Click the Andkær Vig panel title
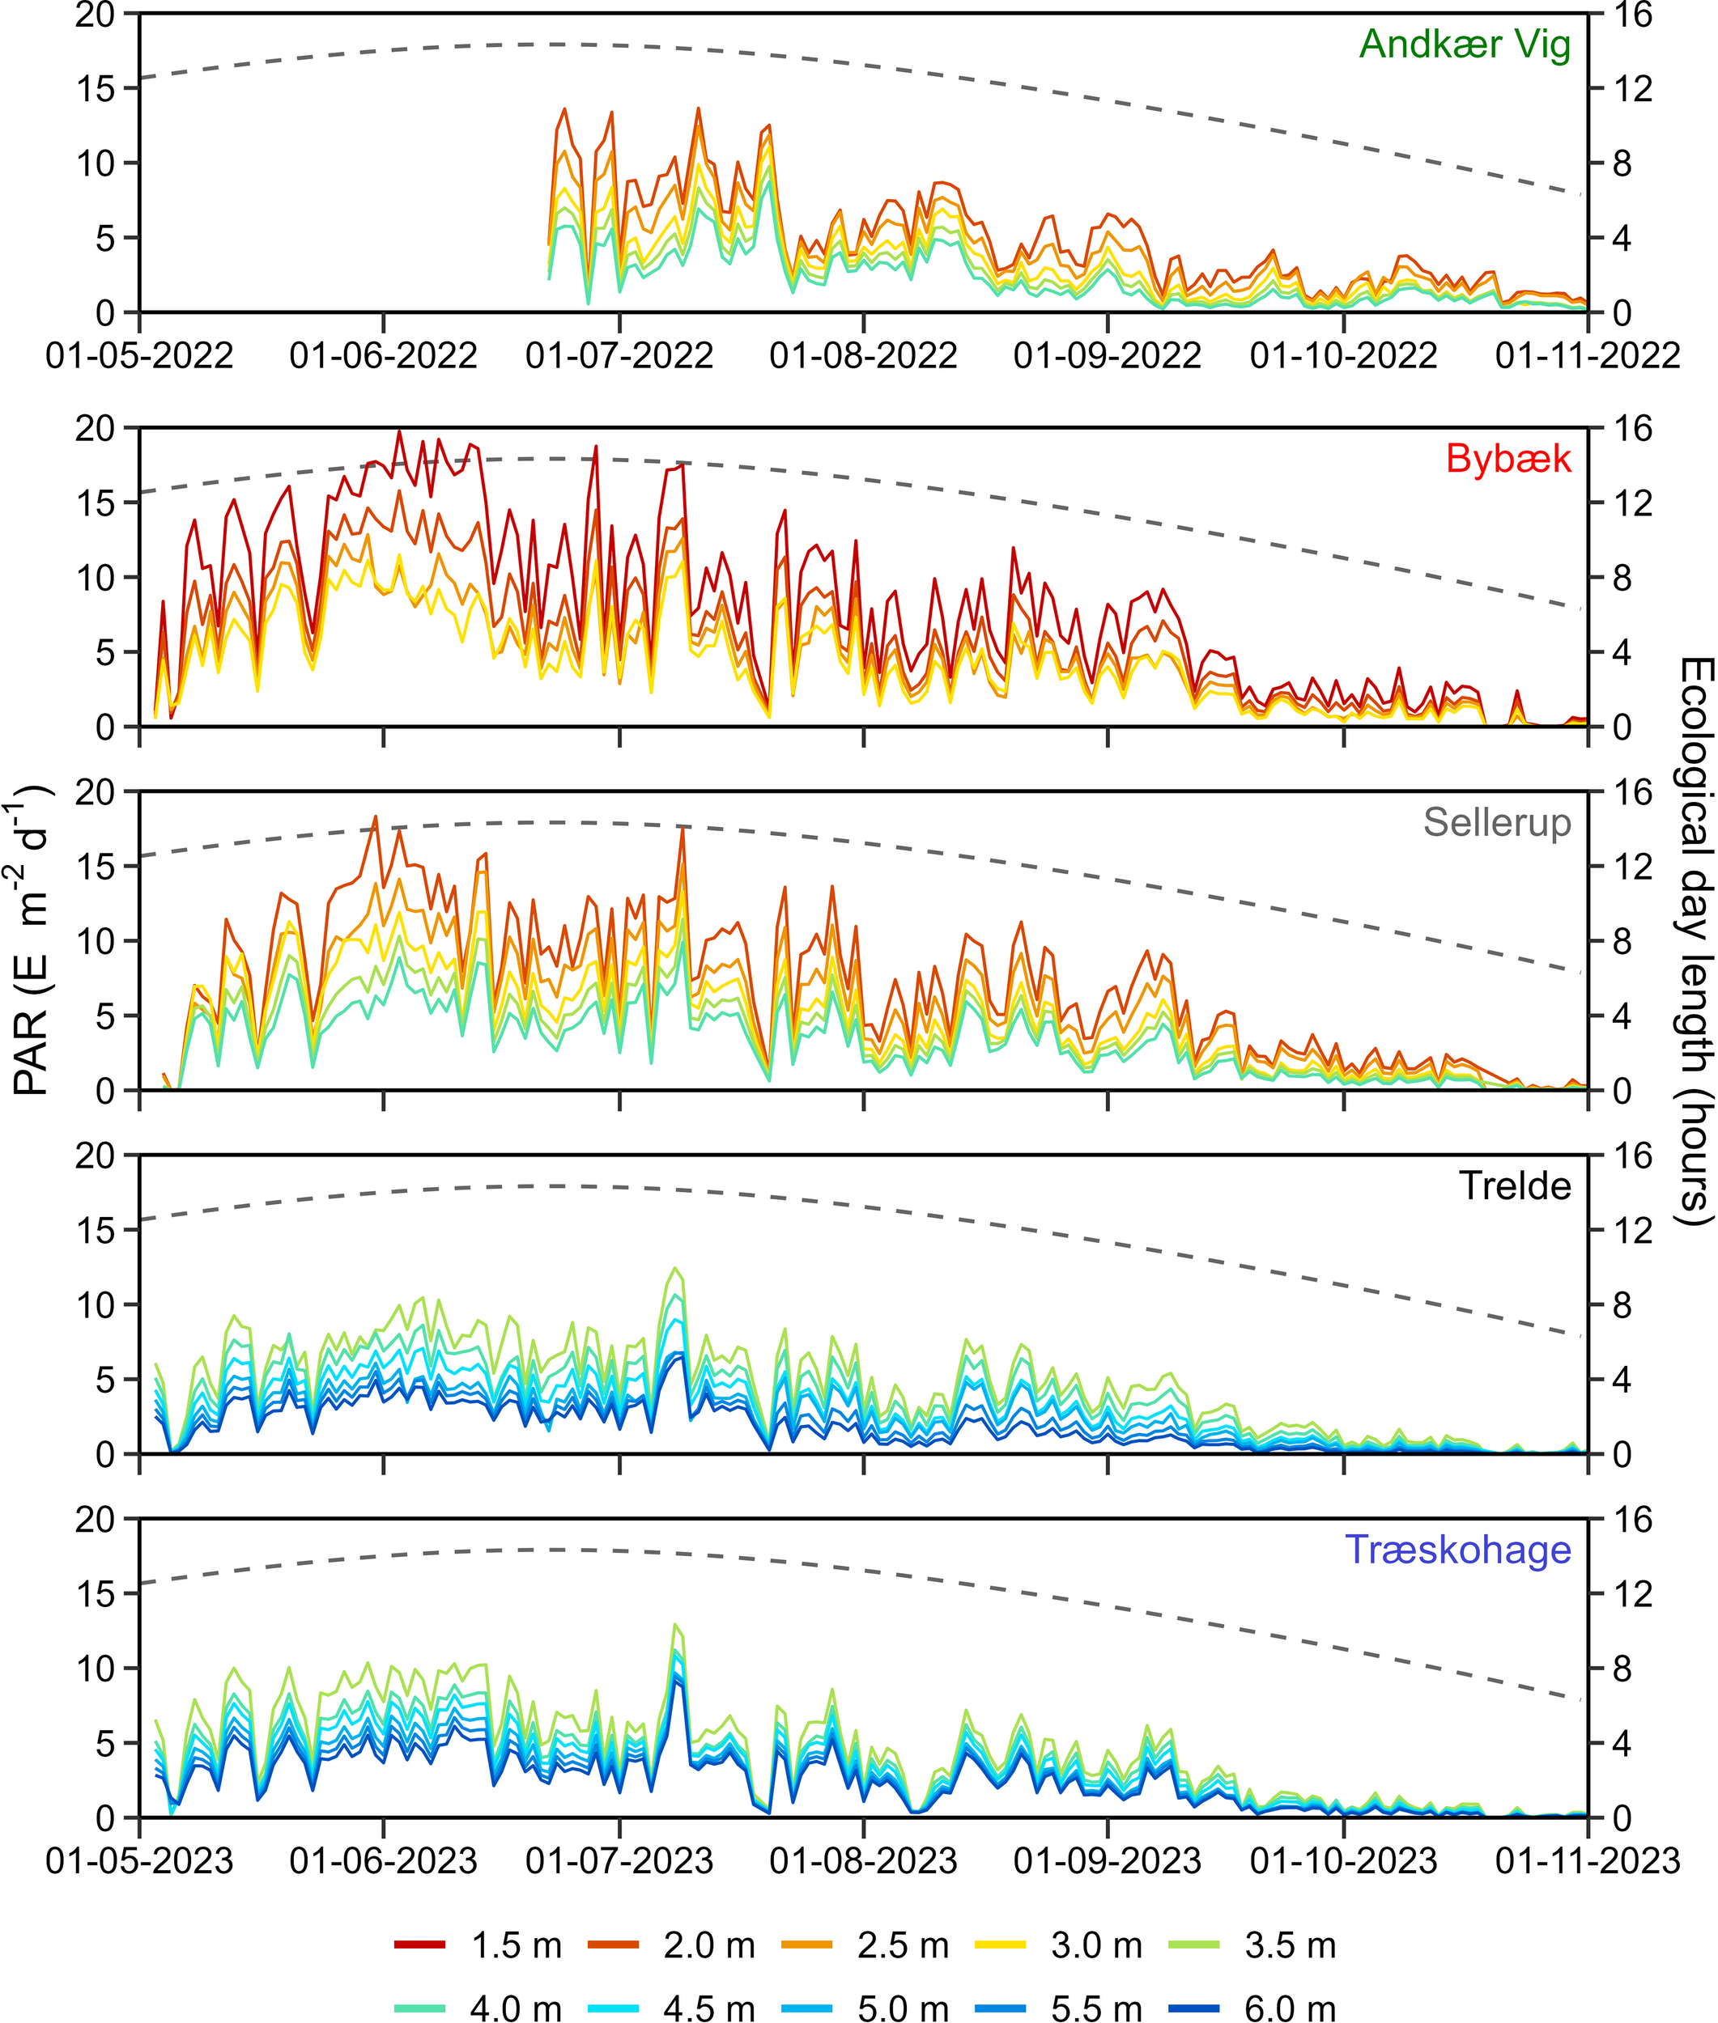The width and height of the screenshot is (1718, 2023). [1464, 45]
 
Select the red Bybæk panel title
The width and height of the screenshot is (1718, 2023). [1508, 459]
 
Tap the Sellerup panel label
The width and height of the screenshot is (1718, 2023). [1497, 823]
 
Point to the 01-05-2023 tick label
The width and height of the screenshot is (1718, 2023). [139, 1861]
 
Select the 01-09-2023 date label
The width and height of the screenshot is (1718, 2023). [1108, 1861]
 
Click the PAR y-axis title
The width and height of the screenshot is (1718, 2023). [31, 940]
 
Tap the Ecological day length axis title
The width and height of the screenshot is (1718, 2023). [1695, 940]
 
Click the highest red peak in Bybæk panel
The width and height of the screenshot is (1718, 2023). [398, 431]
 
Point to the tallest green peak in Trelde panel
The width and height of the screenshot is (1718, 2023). [675, 1267]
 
